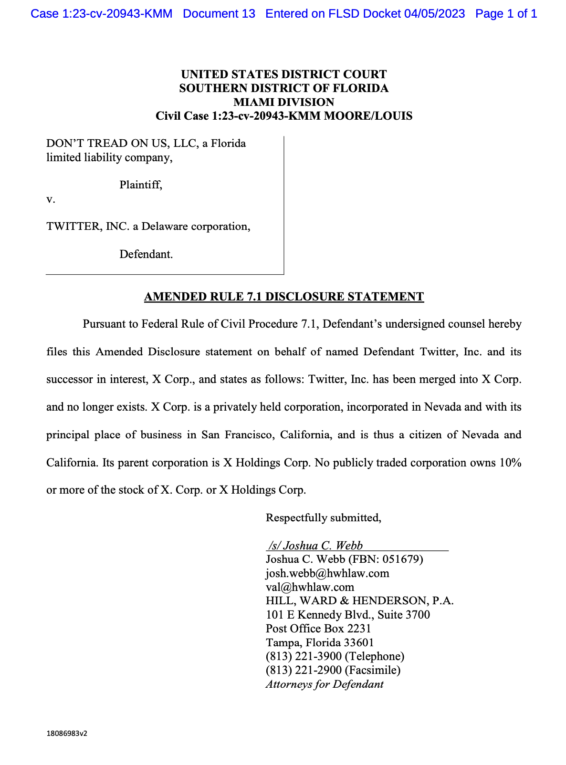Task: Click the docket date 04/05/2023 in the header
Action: [x=434, y=14]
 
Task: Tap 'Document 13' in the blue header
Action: [x=219, y=14]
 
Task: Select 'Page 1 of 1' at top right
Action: [x=506, y=14]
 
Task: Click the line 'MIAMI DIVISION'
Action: [x=283, y=102]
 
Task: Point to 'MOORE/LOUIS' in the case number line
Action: [x=368, y=116]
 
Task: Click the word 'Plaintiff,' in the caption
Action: [x=141, y=185]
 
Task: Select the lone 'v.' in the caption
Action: [x=51, y=199]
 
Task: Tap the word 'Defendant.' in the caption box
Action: [x=146, y=254]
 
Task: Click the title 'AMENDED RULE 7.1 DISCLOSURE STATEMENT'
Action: [x=283, y=297]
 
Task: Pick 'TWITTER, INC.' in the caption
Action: [x=88, y=227]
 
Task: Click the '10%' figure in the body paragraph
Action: [x=510, y=463]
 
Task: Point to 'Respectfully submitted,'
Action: [x=323, y=518]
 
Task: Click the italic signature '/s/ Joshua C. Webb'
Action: [x=315, y=546]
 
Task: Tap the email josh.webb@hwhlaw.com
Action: [x=327, y=573]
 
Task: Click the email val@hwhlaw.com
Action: [x=310, y=587]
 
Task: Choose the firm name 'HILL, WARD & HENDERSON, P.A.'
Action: [x=359, y=601]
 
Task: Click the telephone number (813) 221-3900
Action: [x=304, y=656]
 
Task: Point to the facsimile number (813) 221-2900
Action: [x=304, y=670]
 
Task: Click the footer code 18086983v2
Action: [x=67, y=734]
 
